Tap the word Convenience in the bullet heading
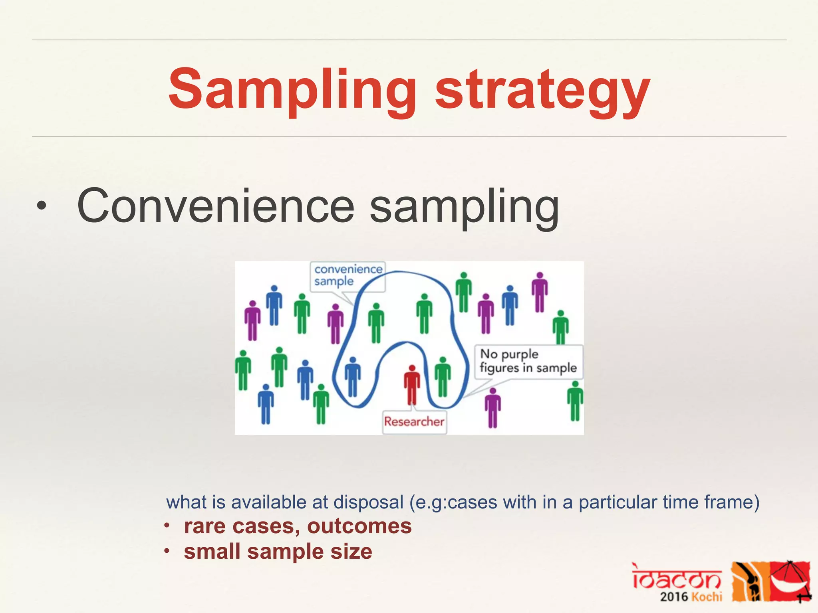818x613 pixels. tap(216, 206)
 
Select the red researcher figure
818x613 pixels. tap(412, 385)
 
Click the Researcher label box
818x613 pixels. tap(414, 421)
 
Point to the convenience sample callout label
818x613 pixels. tap(347, 275)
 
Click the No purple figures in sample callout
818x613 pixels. tap(528, 361)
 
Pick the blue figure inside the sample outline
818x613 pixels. tap(352, 376)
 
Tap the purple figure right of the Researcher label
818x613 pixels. tap(492, 407)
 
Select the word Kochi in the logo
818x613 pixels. tap(707, 597)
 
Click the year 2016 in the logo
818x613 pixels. tap(674, 597)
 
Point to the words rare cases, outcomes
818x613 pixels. tap(298, 526)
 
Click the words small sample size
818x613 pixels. tap(278, 552)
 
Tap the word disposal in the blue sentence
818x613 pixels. tap(368, 502)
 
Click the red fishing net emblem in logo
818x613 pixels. tap(790, 581)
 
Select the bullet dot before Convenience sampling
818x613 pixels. tap(42, 207)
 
